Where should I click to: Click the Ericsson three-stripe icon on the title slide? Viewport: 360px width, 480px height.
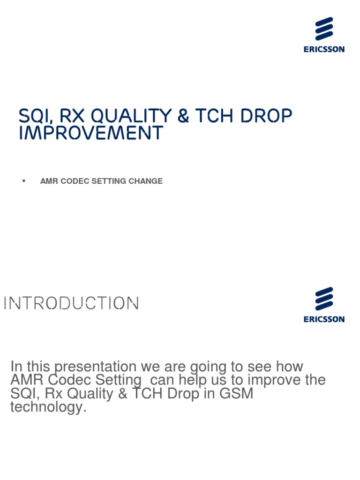point(324,29)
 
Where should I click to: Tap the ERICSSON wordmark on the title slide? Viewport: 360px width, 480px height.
point(324,49)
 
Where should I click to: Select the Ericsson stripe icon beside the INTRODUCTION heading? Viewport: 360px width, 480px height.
point(324,299)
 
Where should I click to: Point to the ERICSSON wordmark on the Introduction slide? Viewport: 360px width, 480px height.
point(324,319)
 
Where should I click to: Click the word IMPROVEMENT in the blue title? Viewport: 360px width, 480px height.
point(91,133)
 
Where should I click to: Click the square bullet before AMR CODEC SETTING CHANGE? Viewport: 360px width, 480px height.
point(23,180)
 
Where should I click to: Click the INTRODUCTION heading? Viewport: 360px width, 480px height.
point(71,303)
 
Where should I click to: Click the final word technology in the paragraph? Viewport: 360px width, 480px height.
point(48,407)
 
